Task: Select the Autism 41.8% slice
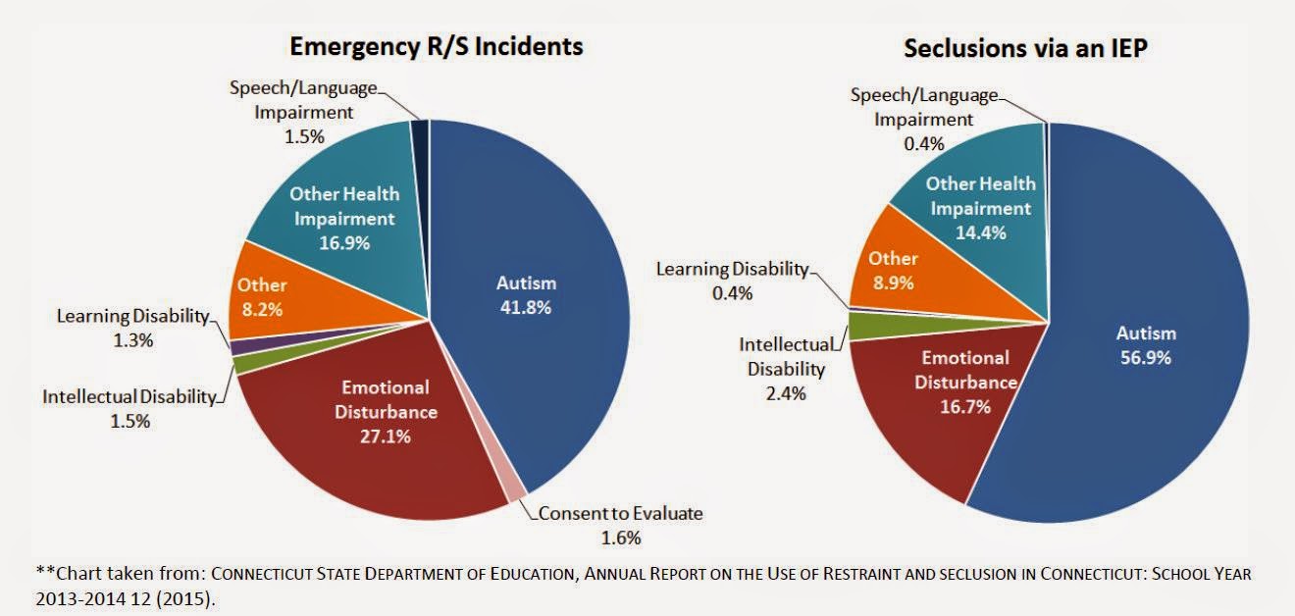point(530,294)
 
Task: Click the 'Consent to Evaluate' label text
point(620,514)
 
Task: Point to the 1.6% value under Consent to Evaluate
point(620,538)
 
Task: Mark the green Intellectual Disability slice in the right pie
point(862,326)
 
